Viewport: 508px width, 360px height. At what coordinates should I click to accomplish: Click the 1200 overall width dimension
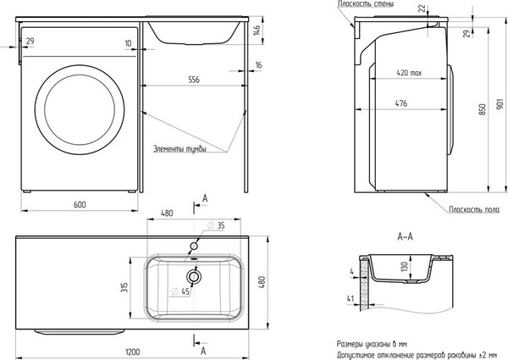132,352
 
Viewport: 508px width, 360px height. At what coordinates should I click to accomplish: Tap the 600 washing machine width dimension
80,204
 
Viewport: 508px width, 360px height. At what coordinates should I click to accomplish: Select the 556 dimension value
194,80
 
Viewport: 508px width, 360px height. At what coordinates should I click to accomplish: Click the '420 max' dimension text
409,73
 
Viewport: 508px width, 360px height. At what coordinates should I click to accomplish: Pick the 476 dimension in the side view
401,103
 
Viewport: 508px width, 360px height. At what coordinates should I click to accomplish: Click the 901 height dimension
500,103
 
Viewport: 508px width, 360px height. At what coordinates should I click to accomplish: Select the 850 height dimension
483,109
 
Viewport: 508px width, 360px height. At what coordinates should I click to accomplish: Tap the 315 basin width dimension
124,287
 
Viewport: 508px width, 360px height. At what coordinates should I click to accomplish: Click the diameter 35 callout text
216,225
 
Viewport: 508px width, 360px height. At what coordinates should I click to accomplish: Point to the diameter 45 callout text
180,291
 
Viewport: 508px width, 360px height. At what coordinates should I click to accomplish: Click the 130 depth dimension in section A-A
404,267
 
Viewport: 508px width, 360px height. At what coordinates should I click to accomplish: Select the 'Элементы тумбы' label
179,149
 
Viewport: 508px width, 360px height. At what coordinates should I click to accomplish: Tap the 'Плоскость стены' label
366,4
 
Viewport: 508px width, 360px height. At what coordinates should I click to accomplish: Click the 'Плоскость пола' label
474,210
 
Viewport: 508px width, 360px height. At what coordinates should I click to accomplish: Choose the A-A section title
405,237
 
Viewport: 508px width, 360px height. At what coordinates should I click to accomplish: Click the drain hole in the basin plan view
194,276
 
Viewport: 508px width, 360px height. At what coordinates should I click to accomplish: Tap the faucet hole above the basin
194,246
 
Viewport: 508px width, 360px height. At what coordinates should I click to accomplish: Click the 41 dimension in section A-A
351,298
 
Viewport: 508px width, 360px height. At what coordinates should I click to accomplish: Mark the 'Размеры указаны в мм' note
372,344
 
